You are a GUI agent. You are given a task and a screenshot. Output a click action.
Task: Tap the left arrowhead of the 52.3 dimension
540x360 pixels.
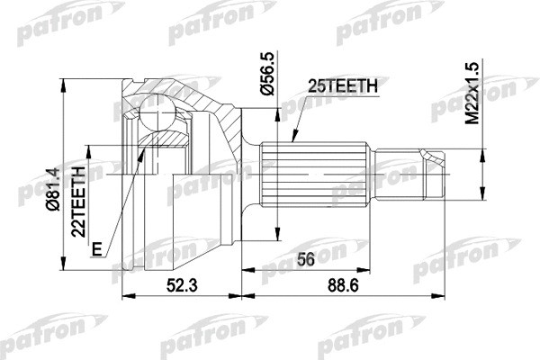[125, 294]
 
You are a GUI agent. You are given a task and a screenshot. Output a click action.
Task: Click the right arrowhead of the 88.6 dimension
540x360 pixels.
[442, 294]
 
